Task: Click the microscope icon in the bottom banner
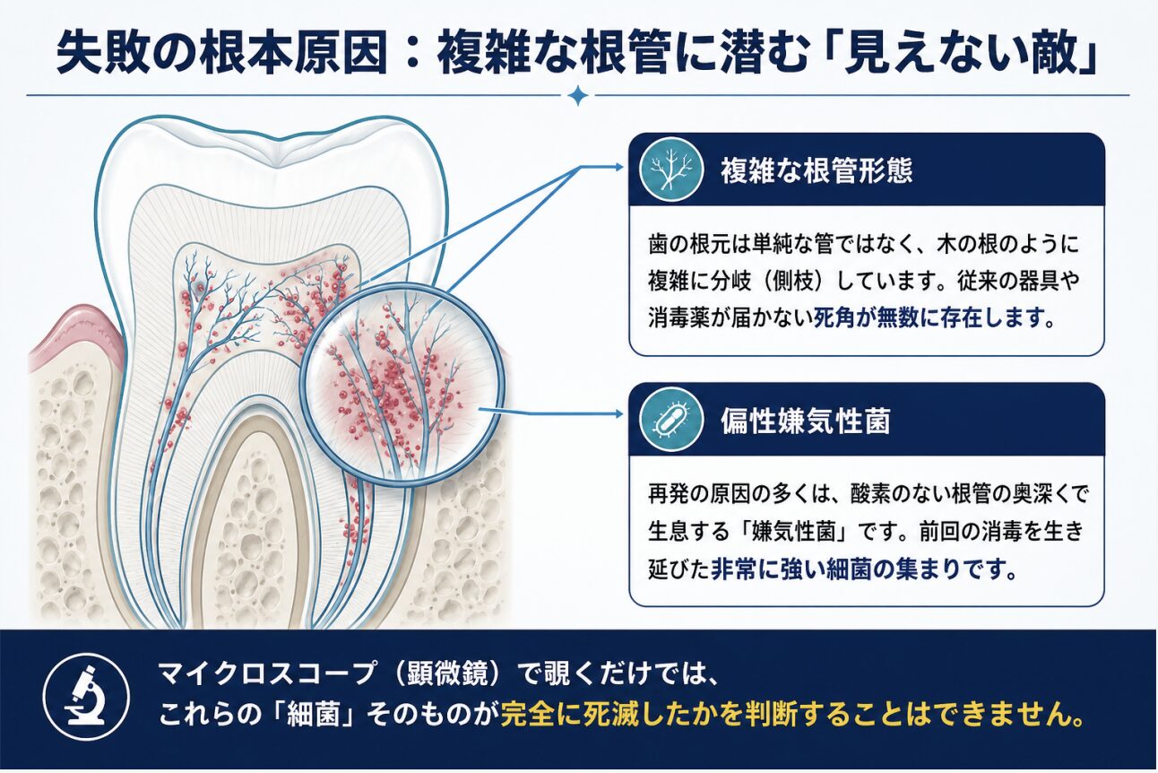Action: coord(86,696)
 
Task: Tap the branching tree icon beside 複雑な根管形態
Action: coord(671,169)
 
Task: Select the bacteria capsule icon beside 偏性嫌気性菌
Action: coord(671,420)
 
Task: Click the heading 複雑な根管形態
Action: coord(817,170)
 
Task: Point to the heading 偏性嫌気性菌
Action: coord(806,421)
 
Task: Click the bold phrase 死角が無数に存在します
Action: coord(928,317)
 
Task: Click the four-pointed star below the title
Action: coord(577,96)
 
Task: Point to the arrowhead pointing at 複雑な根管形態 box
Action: coord(618,167)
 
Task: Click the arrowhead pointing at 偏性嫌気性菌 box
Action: coord(618,413)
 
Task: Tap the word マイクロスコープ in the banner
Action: coord(265,673)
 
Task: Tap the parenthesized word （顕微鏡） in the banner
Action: coord(447,673)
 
